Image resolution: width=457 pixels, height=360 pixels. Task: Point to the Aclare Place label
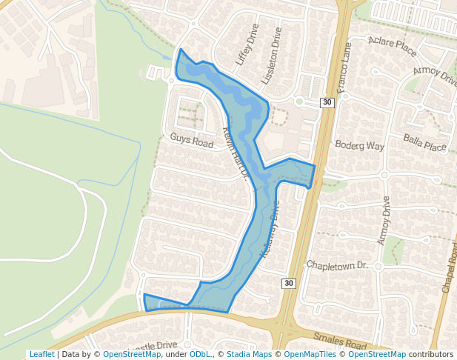tap(393, 47)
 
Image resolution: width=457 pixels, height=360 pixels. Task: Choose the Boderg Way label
tap(360, 146)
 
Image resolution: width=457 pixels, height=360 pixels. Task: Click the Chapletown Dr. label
tap(337, 265)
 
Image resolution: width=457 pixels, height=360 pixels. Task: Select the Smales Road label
tap(340, 341)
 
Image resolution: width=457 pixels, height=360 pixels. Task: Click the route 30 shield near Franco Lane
tap(327, 103)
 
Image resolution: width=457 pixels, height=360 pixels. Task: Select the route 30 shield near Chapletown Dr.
tap(289, 284)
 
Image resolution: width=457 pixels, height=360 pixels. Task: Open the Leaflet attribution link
tap(41, 355)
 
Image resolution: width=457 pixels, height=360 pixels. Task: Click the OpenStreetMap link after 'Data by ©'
tap(132, 355)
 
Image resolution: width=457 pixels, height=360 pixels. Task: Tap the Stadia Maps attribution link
tap(249, 355)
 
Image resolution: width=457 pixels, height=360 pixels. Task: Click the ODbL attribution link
tap(199, 355)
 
